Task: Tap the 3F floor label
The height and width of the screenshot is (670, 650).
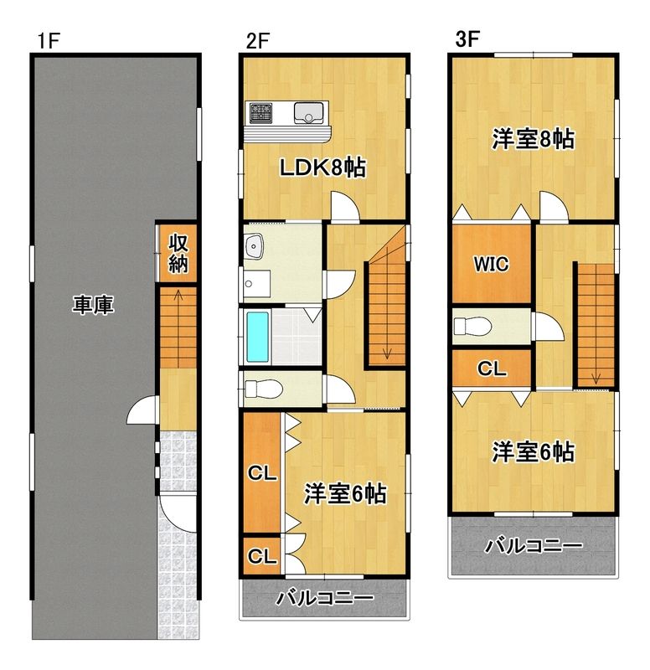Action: coord(467,39)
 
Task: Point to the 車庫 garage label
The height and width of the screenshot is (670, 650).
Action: coord(92,307)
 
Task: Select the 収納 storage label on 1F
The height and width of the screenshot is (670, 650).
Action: coord(178,254)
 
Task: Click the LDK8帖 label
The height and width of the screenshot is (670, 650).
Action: coord(322,167)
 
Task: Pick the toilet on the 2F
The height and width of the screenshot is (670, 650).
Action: coord(265,388)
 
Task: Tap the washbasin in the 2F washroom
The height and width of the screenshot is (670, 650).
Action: coord(255,246)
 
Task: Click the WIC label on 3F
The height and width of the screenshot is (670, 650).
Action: coord(491,265)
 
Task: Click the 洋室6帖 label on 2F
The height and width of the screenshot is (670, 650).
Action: coord(344,494)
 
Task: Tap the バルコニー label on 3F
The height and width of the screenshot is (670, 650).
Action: coord(533,546)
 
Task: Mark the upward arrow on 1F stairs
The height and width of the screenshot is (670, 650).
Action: coord(178,295)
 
